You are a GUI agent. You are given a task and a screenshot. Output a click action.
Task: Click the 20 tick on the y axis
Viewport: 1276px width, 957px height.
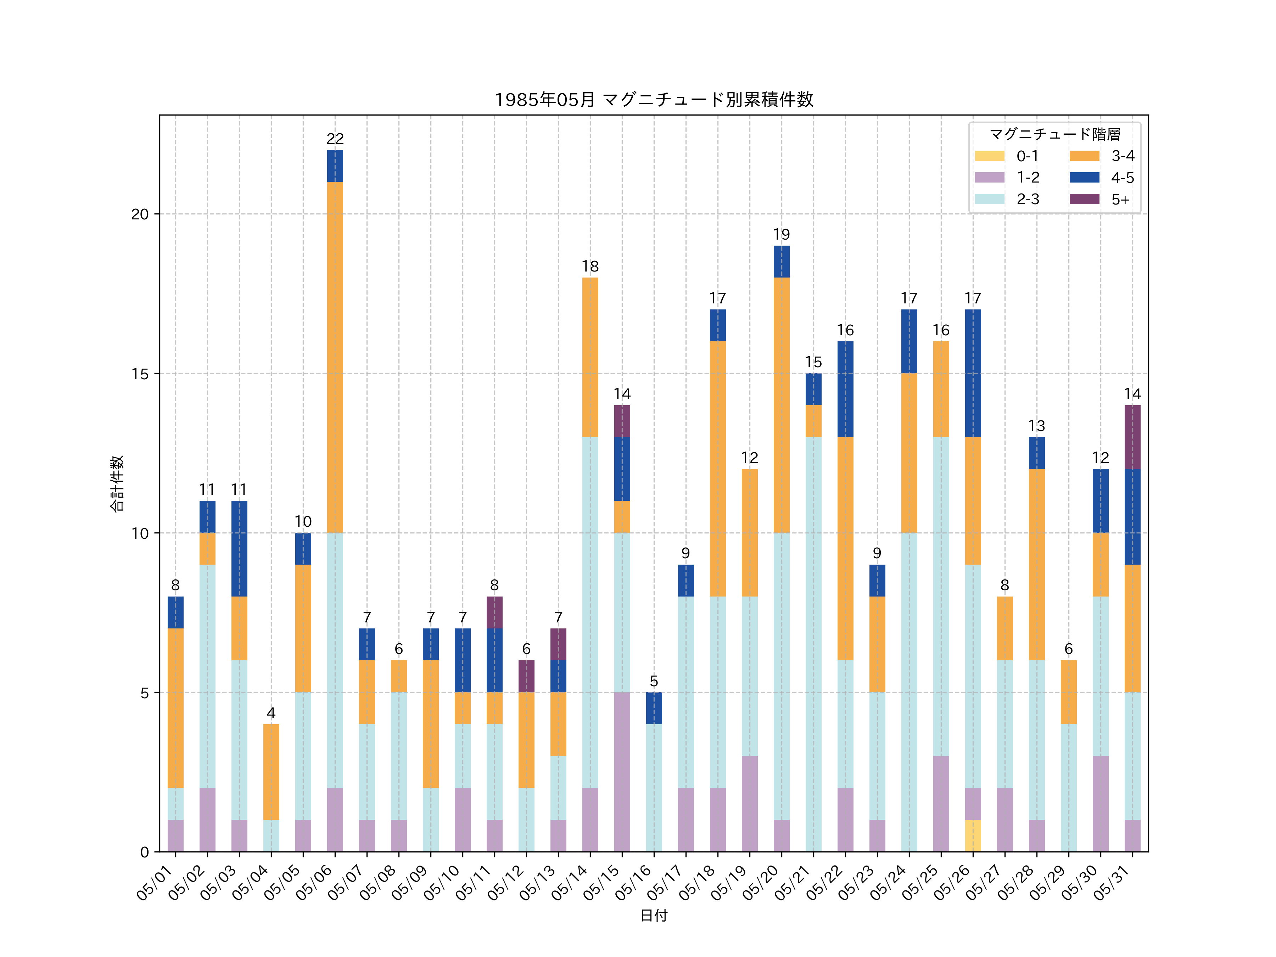click(x=140, y=214)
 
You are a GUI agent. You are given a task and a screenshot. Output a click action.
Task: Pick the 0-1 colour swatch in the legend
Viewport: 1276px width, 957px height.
click(x=989, y=156)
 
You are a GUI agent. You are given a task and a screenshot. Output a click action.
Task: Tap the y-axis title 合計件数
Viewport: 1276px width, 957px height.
click(x=117, y=483)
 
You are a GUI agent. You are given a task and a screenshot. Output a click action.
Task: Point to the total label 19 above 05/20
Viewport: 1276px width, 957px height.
click(x=781, y=234)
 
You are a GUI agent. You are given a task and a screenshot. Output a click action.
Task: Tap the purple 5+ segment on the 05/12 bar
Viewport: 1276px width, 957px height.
click(x=526, y=676)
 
